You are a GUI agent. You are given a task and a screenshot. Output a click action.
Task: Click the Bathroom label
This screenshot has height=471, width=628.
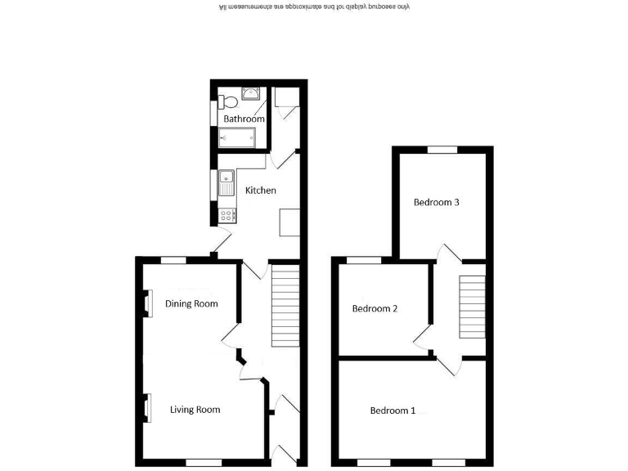click(x=244, y=119)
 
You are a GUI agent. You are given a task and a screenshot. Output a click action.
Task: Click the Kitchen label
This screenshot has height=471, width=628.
click(x=261, y=191)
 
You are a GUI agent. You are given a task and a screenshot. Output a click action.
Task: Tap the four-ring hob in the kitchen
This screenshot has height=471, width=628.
click(x=227, y=215)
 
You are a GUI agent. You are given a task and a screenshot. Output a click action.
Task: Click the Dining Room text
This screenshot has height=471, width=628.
click(x=192, y=304)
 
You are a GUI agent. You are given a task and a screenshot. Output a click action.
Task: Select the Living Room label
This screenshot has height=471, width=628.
click(x=195, y=410)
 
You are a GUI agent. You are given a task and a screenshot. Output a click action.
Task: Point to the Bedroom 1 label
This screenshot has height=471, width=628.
click(x=392, y=410)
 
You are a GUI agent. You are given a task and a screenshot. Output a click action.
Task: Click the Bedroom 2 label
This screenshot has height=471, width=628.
click(x=375, y=309)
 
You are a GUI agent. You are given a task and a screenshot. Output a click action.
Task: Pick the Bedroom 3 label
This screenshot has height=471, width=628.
click(x=436, y=202)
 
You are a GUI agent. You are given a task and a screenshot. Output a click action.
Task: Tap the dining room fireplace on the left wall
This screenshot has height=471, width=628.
click(x=148, y=303)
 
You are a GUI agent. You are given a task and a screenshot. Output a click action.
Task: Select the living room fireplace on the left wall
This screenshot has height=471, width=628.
click(x=148, y=407)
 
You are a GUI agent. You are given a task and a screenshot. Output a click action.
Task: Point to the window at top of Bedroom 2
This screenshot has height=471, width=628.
click(x=364, y=261)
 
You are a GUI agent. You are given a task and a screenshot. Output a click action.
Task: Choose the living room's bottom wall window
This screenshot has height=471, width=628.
click(x=204, y=462)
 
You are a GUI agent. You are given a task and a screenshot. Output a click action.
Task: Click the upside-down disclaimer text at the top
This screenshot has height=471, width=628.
click(x=314, y=7)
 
